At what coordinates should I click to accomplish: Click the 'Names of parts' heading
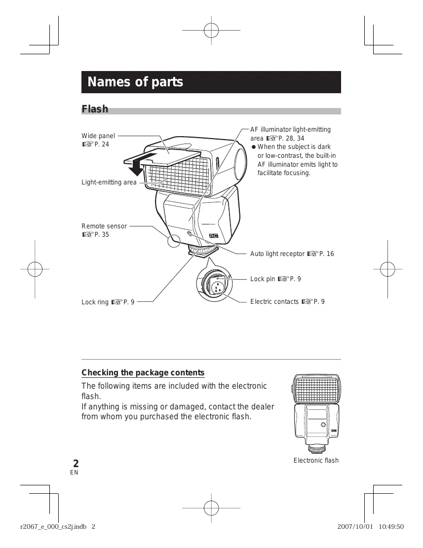[135, 82]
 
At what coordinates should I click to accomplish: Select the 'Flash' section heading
[95, 109]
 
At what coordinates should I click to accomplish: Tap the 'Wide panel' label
[98, 136]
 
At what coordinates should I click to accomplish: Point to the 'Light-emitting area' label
[109, 183]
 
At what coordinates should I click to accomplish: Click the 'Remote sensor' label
[104, 226]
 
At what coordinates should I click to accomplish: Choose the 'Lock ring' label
[96, 302]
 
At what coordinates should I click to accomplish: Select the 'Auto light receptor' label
[277, 254]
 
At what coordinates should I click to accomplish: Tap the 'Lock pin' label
[263, 279]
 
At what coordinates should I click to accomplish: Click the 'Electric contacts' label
[274, 302]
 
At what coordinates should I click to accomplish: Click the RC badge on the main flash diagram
[214, 236]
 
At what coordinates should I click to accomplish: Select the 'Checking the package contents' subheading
[143, 372]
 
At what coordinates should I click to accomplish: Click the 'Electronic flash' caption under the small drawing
[316, 461]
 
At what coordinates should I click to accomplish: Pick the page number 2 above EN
[76, 464]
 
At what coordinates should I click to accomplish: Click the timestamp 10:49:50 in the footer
[391, 526]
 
